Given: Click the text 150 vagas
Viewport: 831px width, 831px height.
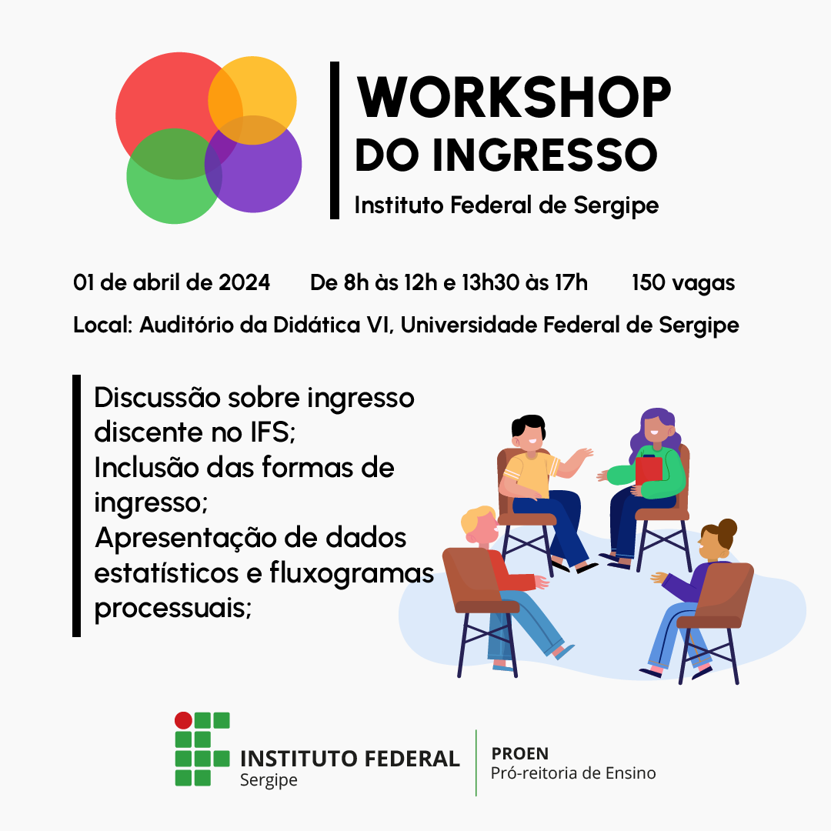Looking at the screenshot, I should click(x=682, y=283).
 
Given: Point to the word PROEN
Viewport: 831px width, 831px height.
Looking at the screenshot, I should click(x=519, y=753).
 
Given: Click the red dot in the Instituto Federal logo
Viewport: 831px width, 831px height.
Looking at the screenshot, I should click(x=183, y=720).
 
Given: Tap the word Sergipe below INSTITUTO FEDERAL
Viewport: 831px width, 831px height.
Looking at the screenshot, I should click(x=269, y=779).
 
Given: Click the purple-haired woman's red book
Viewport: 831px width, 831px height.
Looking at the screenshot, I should click(x=648, y=471).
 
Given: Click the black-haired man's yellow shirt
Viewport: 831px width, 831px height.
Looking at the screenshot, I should click(x=531, y=472).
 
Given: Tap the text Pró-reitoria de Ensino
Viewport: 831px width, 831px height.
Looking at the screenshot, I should click(x=573, y=773).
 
